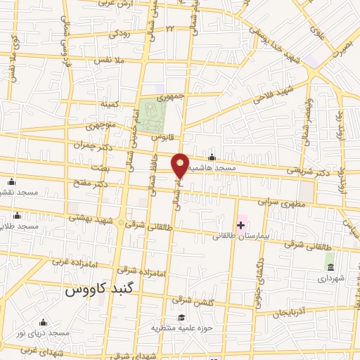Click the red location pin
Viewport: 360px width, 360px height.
coord(180,165)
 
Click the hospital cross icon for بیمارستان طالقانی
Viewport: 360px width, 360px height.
coord(241,225)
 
